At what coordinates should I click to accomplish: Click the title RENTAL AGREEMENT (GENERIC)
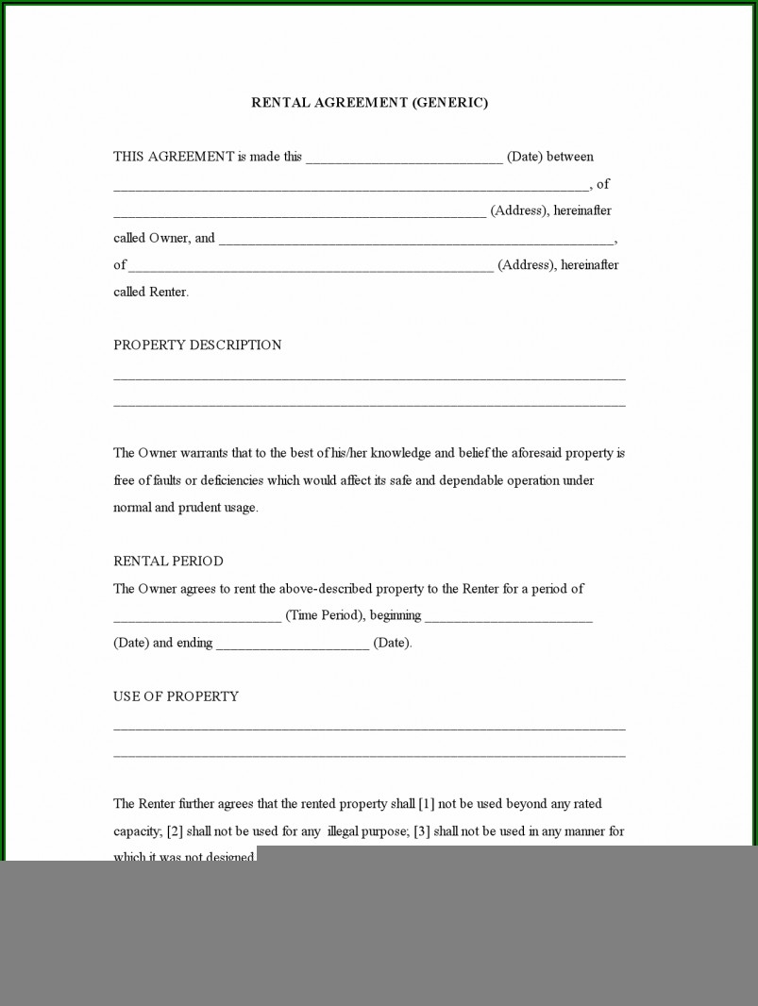pos(369,103)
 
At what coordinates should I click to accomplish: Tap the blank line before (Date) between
pos(404,159)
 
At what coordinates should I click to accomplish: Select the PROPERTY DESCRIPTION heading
pos(197,345)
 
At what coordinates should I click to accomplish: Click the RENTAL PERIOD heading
pos(168,562)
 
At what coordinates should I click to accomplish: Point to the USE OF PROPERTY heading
pos(176,696)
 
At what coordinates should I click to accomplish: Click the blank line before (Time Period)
pos(197,618)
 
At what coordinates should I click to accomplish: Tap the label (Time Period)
pos(325,616)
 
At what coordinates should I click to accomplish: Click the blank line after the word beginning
pos(508,618)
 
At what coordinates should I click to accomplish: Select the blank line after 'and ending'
pos(293,646)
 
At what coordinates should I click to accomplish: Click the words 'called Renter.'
pos(151,293)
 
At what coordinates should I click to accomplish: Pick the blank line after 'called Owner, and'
pos(417,241)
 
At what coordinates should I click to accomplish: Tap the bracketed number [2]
pos(175,831)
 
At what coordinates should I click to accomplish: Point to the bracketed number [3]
pos(422,831)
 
